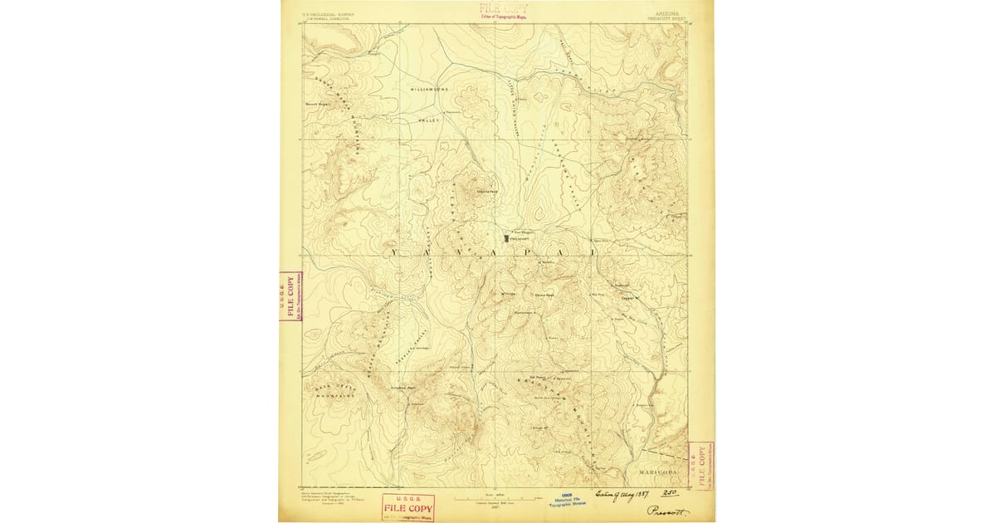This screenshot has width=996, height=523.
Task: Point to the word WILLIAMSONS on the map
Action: [429, 88]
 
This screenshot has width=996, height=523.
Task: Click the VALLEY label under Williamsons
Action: [427, 121]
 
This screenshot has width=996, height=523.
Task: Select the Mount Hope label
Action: [318, 105]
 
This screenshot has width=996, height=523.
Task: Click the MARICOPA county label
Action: [658, 471]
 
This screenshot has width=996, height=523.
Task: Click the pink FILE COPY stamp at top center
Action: [503, 10]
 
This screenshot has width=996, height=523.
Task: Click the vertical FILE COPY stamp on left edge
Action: [290, 296]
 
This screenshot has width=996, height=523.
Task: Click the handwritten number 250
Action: [664, 491]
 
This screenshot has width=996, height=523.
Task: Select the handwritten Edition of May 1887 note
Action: [621, 491]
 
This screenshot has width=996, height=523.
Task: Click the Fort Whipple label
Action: [522, 232]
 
